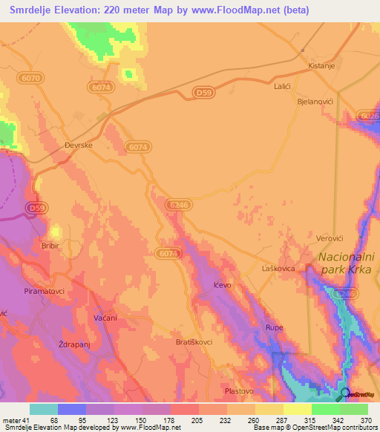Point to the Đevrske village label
point(77,145)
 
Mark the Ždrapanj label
point(73,344)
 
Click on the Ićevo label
point(223,284)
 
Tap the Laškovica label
point(279,268)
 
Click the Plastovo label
point(239,390)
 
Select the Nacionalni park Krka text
point(347,264)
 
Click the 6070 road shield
point(32,76)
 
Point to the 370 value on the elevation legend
point(364,420)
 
